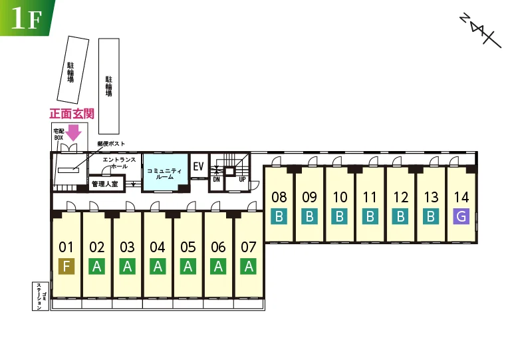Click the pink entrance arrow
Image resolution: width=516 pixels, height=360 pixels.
click(x=73, y=132)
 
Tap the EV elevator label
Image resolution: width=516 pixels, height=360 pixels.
click(x=198, y=166)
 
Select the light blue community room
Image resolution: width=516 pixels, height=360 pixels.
click(x=165, y=172)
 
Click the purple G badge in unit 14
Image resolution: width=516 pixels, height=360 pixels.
click(x=461, y=216)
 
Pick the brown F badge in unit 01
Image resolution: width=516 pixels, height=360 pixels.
click(x=66, y=266)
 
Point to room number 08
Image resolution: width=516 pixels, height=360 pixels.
click(x=279, y=197)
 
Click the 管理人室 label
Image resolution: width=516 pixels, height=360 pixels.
click(x=105, y=184)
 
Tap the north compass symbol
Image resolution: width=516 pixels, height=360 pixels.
click(x=480, y=31)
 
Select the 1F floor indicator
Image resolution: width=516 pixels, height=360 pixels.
click(x=27, y=18)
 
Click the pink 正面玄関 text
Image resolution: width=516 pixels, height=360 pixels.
click(x=72, y=114)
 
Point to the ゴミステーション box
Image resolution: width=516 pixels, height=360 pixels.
click(x=41, y=296)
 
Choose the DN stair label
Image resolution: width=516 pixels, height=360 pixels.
click(x=216, y=180)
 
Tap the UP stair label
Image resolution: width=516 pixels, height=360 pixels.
click(x=242, y=180)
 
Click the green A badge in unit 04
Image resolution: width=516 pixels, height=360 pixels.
click(x=158, y=266)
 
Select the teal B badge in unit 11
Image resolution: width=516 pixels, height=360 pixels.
click(x=370, y=216)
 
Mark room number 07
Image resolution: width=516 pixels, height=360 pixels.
click(x=249, y=247)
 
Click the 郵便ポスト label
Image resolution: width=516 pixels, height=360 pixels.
click(x=111, y=144)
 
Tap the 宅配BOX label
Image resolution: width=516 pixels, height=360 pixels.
click(x=59, y=134)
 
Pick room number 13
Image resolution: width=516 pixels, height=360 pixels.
click(x=431, y=197)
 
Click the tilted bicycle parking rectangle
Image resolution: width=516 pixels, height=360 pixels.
click(x=72, y=70)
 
